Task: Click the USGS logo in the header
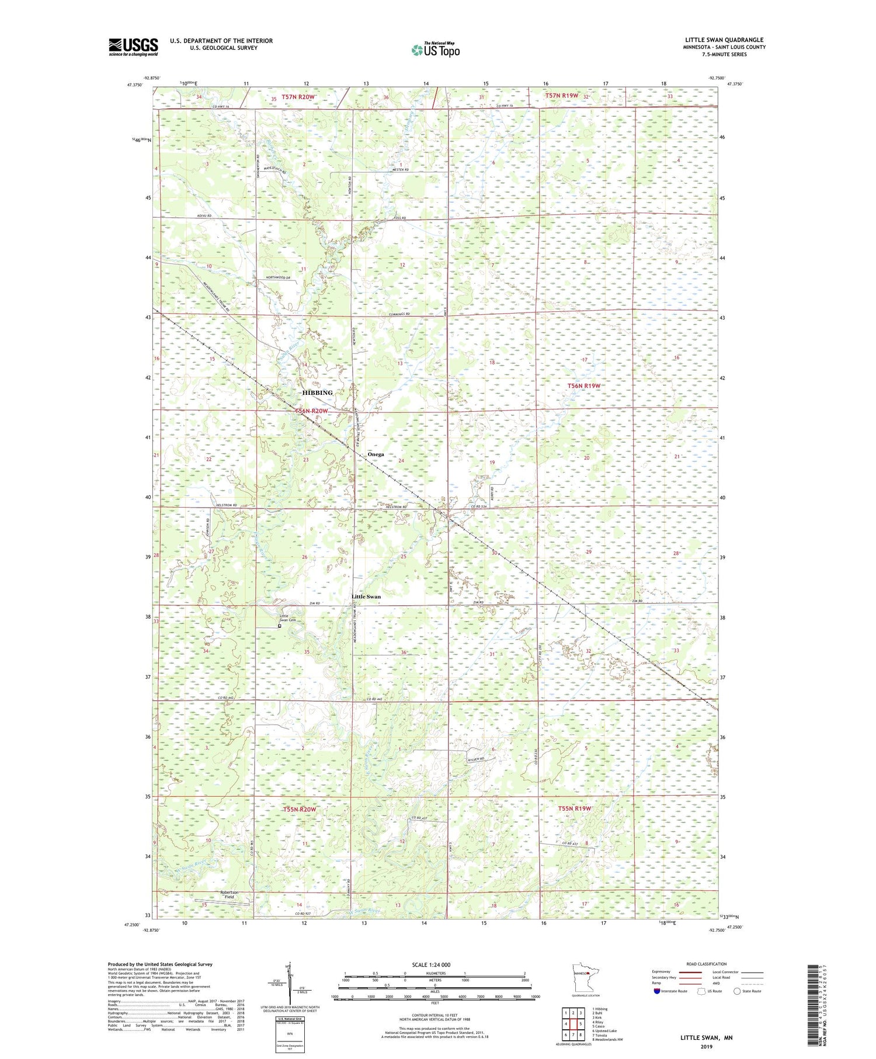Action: [x=133, y=47]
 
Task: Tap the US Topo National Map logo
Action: [x=435, y=50]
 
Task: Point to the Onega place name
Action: [x=376, y=454]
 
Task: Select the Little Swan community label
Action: [x=366, y=597]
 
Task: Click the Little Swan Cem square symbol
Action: [x=280, y=626]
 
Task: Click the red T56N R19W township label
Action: [x=584, y=386]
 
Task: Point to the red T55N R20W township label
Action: [x=300, y=810]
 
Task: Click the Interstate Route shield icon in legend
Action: [x=656, y=991]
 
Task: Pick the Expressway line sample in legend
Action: [x=690, y=972]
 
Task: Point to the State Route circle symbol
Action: [x=738, y=991]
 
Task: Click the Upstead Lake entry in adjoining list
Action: [x=604, y=1031]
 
